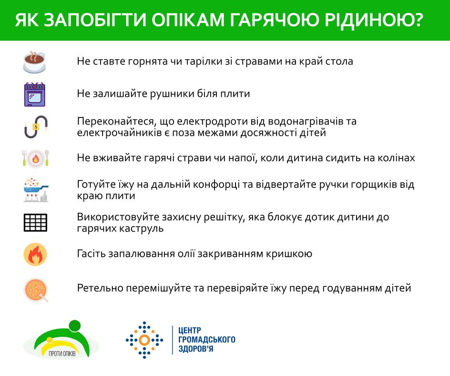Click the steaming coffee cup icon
[34, 62]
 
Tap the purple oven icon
[35, 94]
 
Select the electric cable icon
[36, 126]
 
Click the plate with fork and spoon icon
[36, 158]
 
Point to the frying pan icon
[36, 190]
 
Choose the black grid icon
[35, 223]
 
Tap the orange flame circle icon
[35, 254]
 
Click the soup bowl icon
[36, 290]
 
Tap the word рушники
[172, 94]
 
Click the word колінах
[396, 157]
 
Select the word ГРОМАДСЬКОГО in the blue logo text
[207, 340]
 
